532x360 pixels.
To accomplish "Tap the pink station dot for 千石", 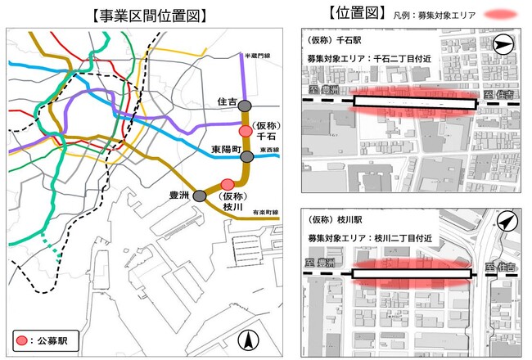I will click(244, 131).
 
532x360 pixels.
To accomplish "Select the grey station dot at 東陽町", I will click(246, 156).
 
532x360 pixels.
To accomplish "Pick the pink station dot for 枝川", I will click(228, 183).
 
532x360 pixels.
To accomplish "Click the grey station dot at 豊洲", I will click(199, 196).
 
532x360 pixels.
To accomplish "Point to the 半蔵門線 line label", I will click(255, 56).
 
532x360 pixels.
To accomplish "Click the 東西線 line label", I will click(269, 150).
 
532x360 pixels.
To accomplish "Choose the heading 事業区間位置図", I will click(142, 15).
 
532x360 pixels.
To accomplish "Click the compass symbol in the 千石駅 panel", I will click(504, 45).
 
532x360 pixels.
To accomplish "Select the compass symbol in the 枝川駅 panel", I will click(507, 221).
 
